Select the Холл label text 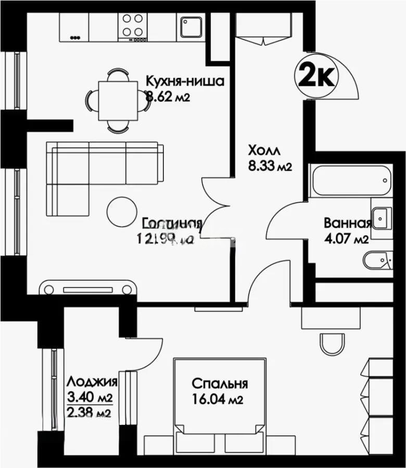click(x=264, y=151)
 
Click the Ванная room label click(x=347, y=224)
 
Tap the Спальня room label click(x=219, y=384)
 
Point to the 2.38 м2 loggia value click(x=90, y=413)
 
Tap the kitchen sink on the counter click(x=191, y=27)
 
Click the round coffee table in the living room click(x=120, y=210)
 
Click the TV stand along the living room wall click(x=88, y=289)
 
